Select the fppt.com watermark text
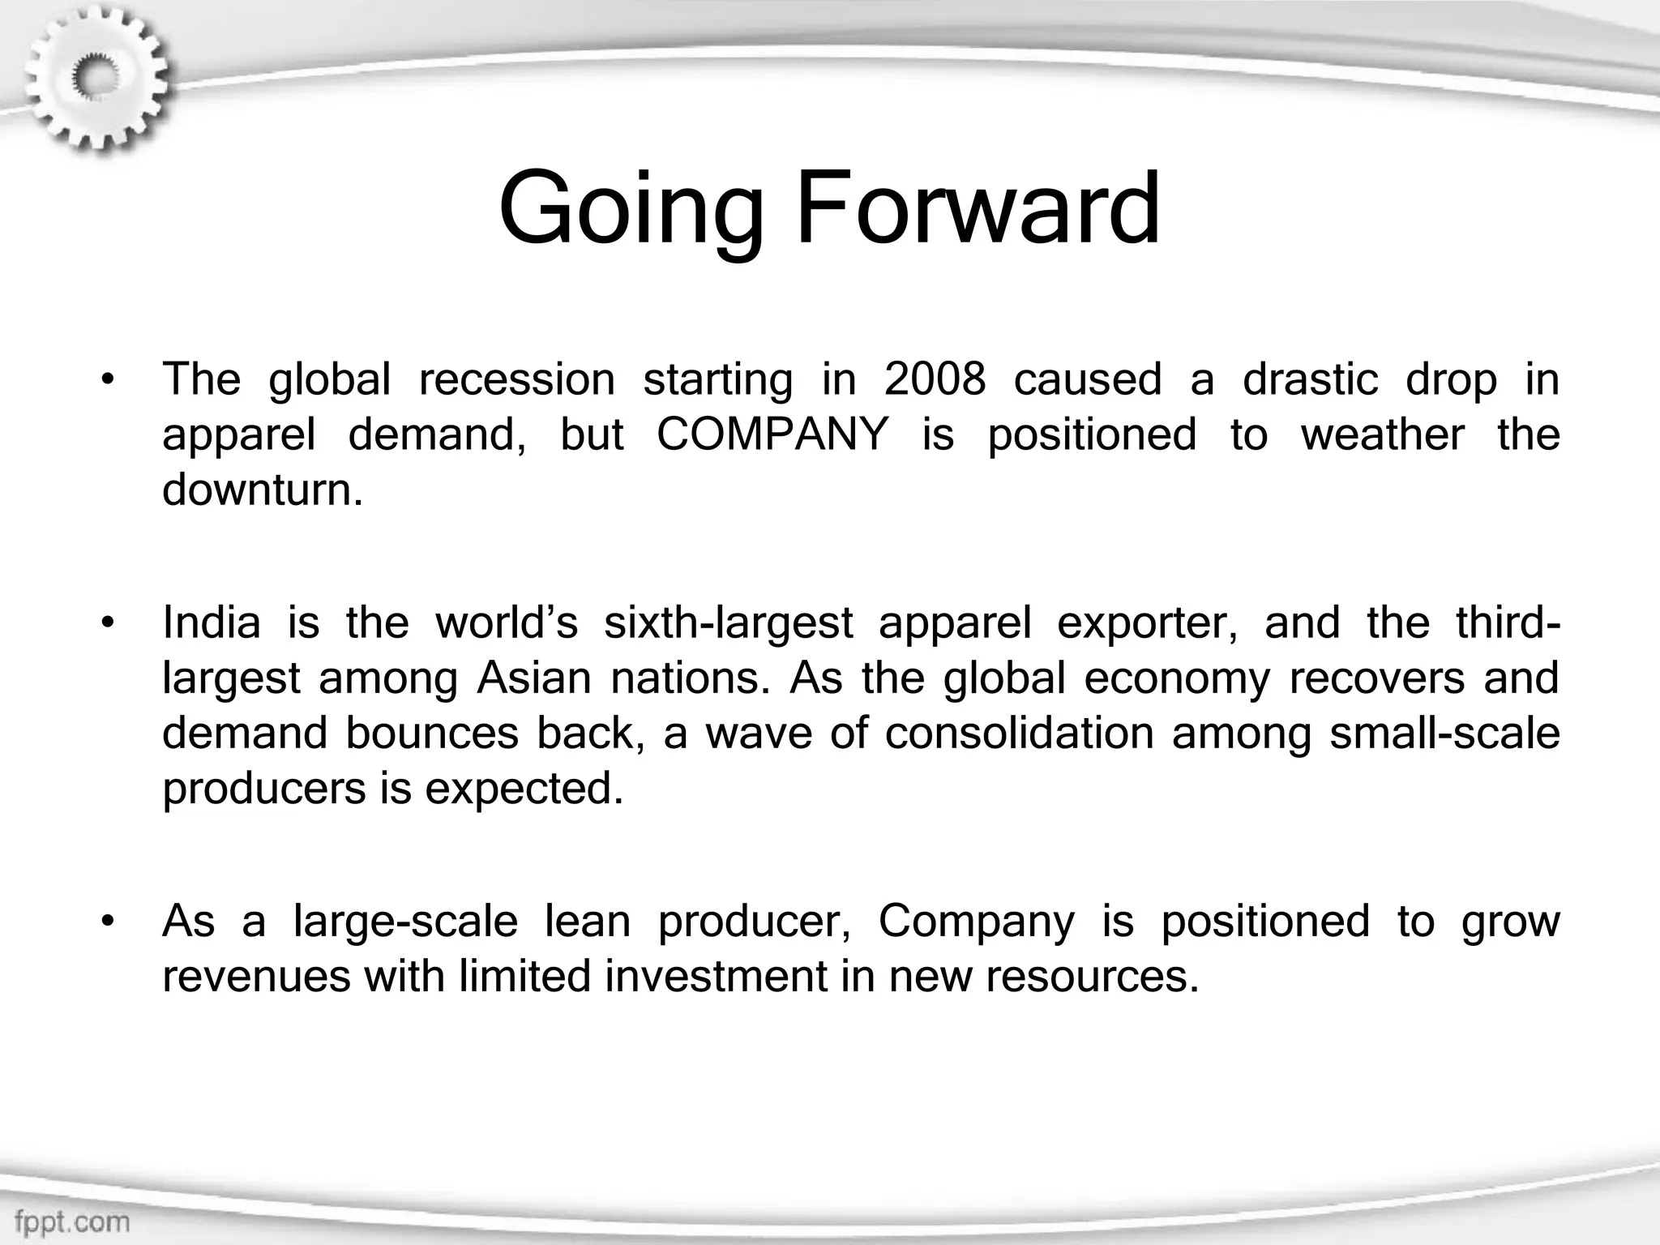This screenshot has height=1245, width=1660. pos(72,1221)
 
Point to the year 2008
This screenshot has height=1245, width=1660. pos(935,379)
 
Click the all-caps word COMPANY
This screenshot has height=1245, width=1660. pos(772,434)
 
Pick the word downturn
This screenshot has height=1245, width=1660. pos(262,490)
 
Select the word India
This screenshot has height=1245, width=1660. pos(212,623)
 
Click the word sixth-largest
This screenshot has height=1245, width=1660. pos(728,623)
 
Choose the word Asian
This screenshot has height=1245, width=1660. pos(534,678)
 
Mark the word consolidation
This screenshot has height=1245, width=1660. pos(1019,734)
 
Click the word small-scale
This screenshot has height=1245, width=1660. pos(1444,734)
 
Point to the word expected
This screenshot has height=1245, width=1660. pos(524,789)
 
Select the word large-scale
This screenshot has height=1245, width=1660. pos(405,922)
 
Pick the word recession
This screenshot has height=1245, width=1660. pos(516,379)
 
